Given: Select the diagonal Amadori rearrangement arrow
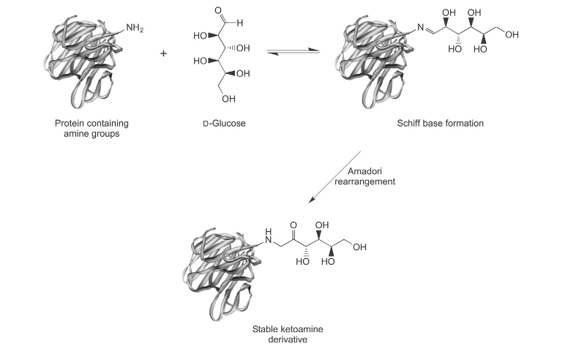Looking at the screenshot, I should click(x=334, y=178).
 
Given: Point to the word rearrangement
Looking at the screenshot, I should click(x=370, y=181).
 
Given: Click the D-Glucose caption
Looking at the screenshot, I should click(x=224, y=123).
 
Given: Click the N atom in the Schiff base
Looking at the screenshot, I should click(x=422, y=29).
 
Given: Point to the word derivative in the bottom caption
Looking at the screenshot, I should click(x=285, y=341).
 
